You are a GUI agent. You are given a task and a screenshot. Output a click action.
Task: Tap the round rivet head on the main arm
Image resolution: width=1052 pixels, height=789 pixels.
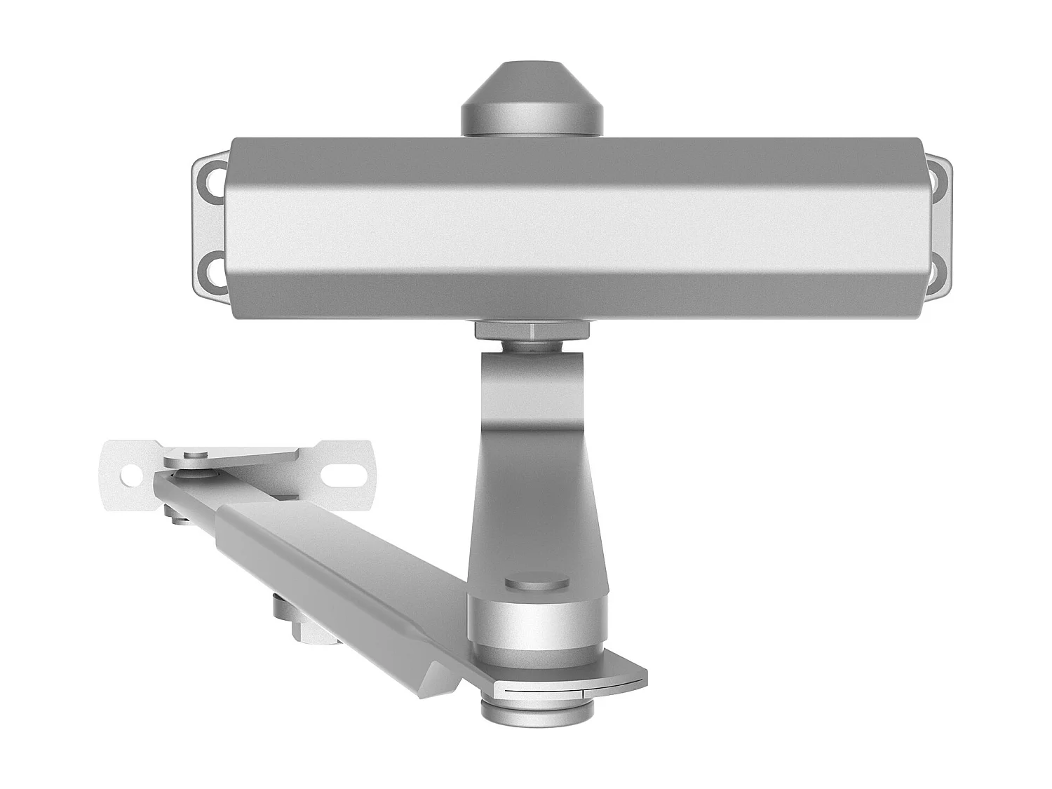point(536,584)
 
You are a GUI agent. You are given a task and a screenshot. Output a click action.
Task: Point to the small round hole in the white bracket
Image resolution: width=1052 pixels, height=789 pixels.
point(130,475)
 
